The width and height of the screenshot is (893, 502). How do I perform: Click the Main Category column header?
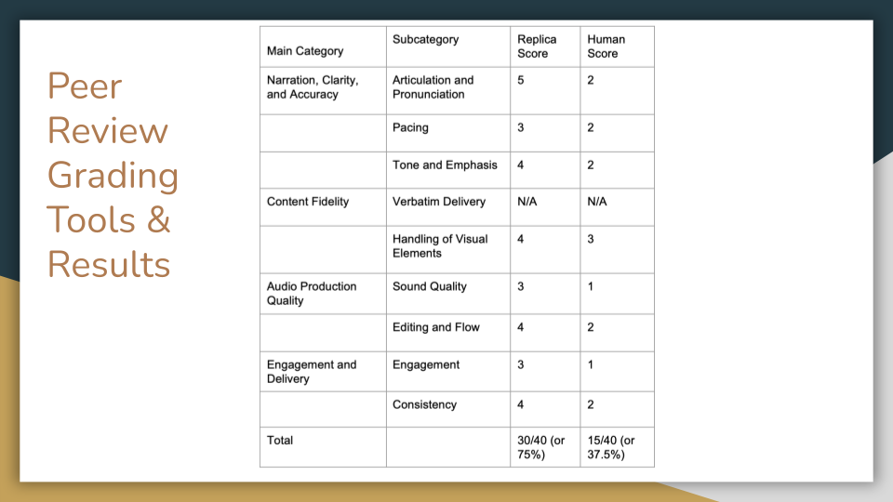(305, 51)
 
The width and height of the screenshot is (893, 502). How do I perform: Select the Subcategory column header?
(425, 40)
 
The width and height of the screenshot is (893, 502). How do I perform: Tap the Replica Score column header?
(537, 46)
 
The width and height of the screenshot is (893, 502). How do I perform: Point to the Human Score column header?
(606, 46)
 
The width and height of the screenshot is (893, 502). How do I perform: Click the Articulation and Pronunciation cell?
(433, 87)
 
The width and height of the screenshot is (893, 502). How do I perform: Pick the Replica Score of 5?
(521, 81)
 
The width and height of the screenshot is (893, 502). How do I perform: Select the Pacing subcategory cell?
(410, 127)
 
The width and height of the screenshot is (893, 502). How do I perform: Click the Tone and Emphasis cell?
(445, 165)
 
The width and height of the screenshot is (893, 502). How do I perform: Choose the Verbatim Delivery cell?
(438, 202)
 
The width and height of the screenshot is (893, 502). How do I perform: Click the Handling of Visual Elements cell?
(439, 246)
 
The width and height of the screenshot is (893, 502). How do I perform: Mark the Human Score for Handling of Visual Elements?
(591, 240)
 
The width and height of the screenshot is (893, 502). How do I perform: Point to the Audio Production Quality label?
(311, 294)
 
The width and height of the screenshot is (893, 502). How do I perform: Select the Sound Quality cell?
(429, 286)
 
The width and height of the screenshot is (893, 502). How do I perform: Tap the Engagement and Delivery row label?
(311, 372)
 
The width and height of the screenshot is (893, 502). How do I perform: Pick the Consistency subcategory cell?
(424, 404)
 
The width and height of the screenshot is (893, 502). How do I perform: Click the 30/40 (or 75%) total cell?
(540, 447)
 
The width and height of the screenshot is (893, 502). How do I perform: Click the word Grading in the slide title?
(113, 176)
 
